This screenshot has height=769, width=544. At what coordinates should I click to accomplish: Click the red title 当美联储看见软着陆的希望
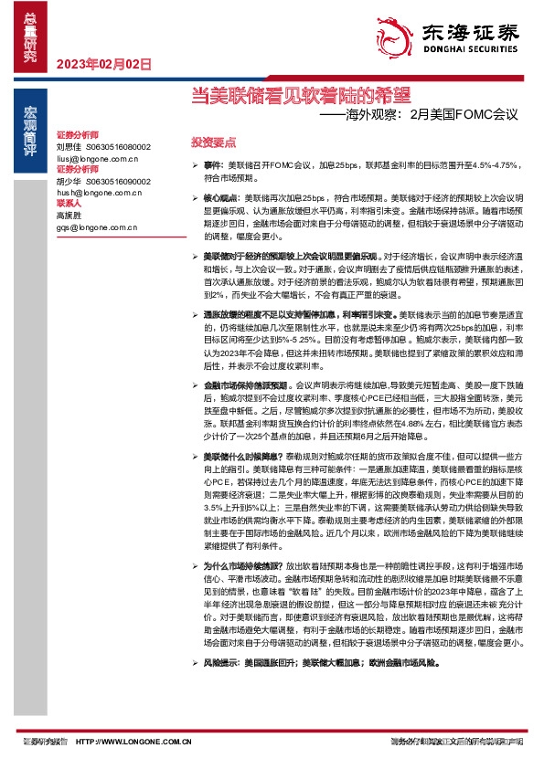click(301, 93)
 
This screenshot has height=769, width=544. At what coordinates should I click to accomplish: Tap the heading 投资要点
click(213, 142)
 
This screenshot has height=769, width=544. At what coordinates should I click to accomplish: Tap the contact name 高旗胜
click(68, 216)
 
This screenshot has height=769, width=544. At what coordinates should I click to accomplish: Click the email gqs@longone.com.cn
click(96, 227)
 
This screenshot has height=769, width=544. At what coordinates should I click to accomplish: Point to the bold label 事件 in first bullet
click(212, 164)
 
